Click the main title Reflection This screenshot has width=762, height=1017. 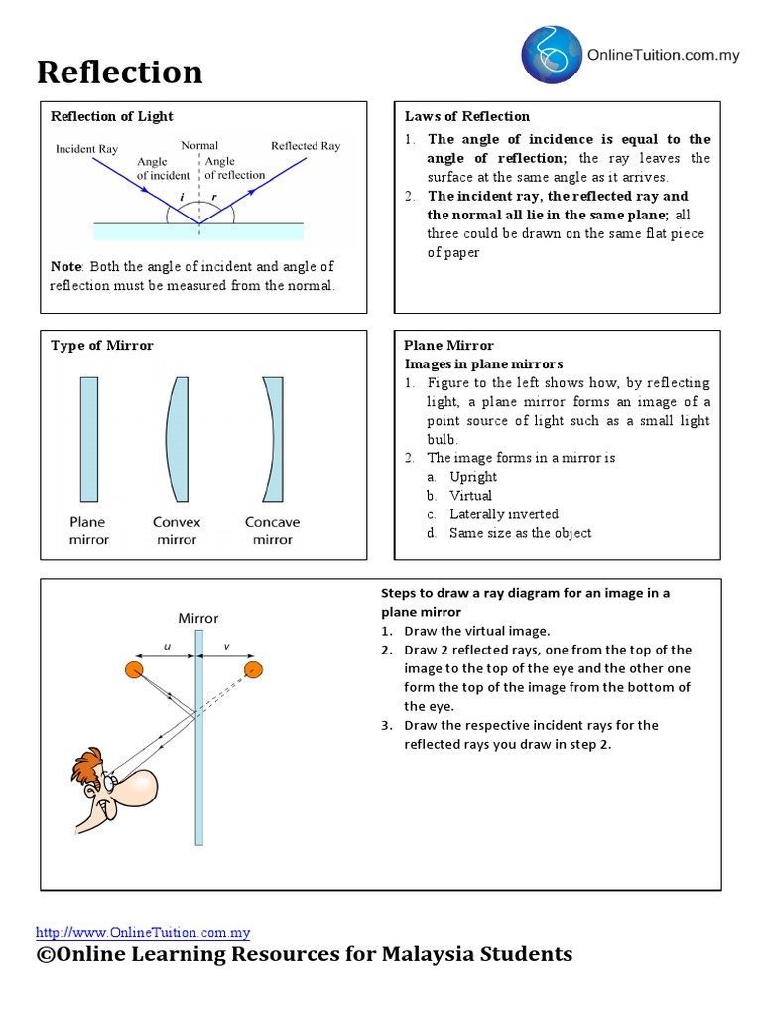[120, 72]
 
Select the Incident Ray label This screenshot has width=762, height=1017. [87, 147]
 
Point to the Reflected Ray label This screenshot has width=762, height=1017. [306, 146]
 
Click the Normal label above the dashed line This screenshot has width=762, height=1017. [199, 145]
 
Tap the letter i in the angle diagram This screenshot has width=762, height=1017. [182, 197]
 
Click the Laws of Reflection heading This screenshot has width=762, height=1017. [467, 116]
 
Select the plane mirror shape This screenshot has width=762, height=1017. [89, 438]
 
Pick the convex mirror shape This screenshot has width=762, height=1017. [177, 438]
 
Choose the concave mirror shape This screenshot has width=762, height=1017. [272, 438]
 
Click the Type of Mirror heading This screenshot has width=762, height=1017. [102, 345]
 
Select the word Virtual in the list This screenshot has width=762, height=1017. [470, 495]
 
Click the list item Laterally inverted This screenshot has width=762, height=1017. [503, 513]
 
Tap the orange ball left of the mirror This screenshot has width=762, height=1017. [133, 670]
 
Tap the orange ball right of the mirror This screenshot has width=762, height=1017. [254, 670]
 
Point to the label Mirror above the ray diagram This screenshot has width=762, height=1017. [197, 618]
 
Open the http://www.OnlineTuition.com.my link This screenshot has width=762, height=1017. [143, 932]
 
